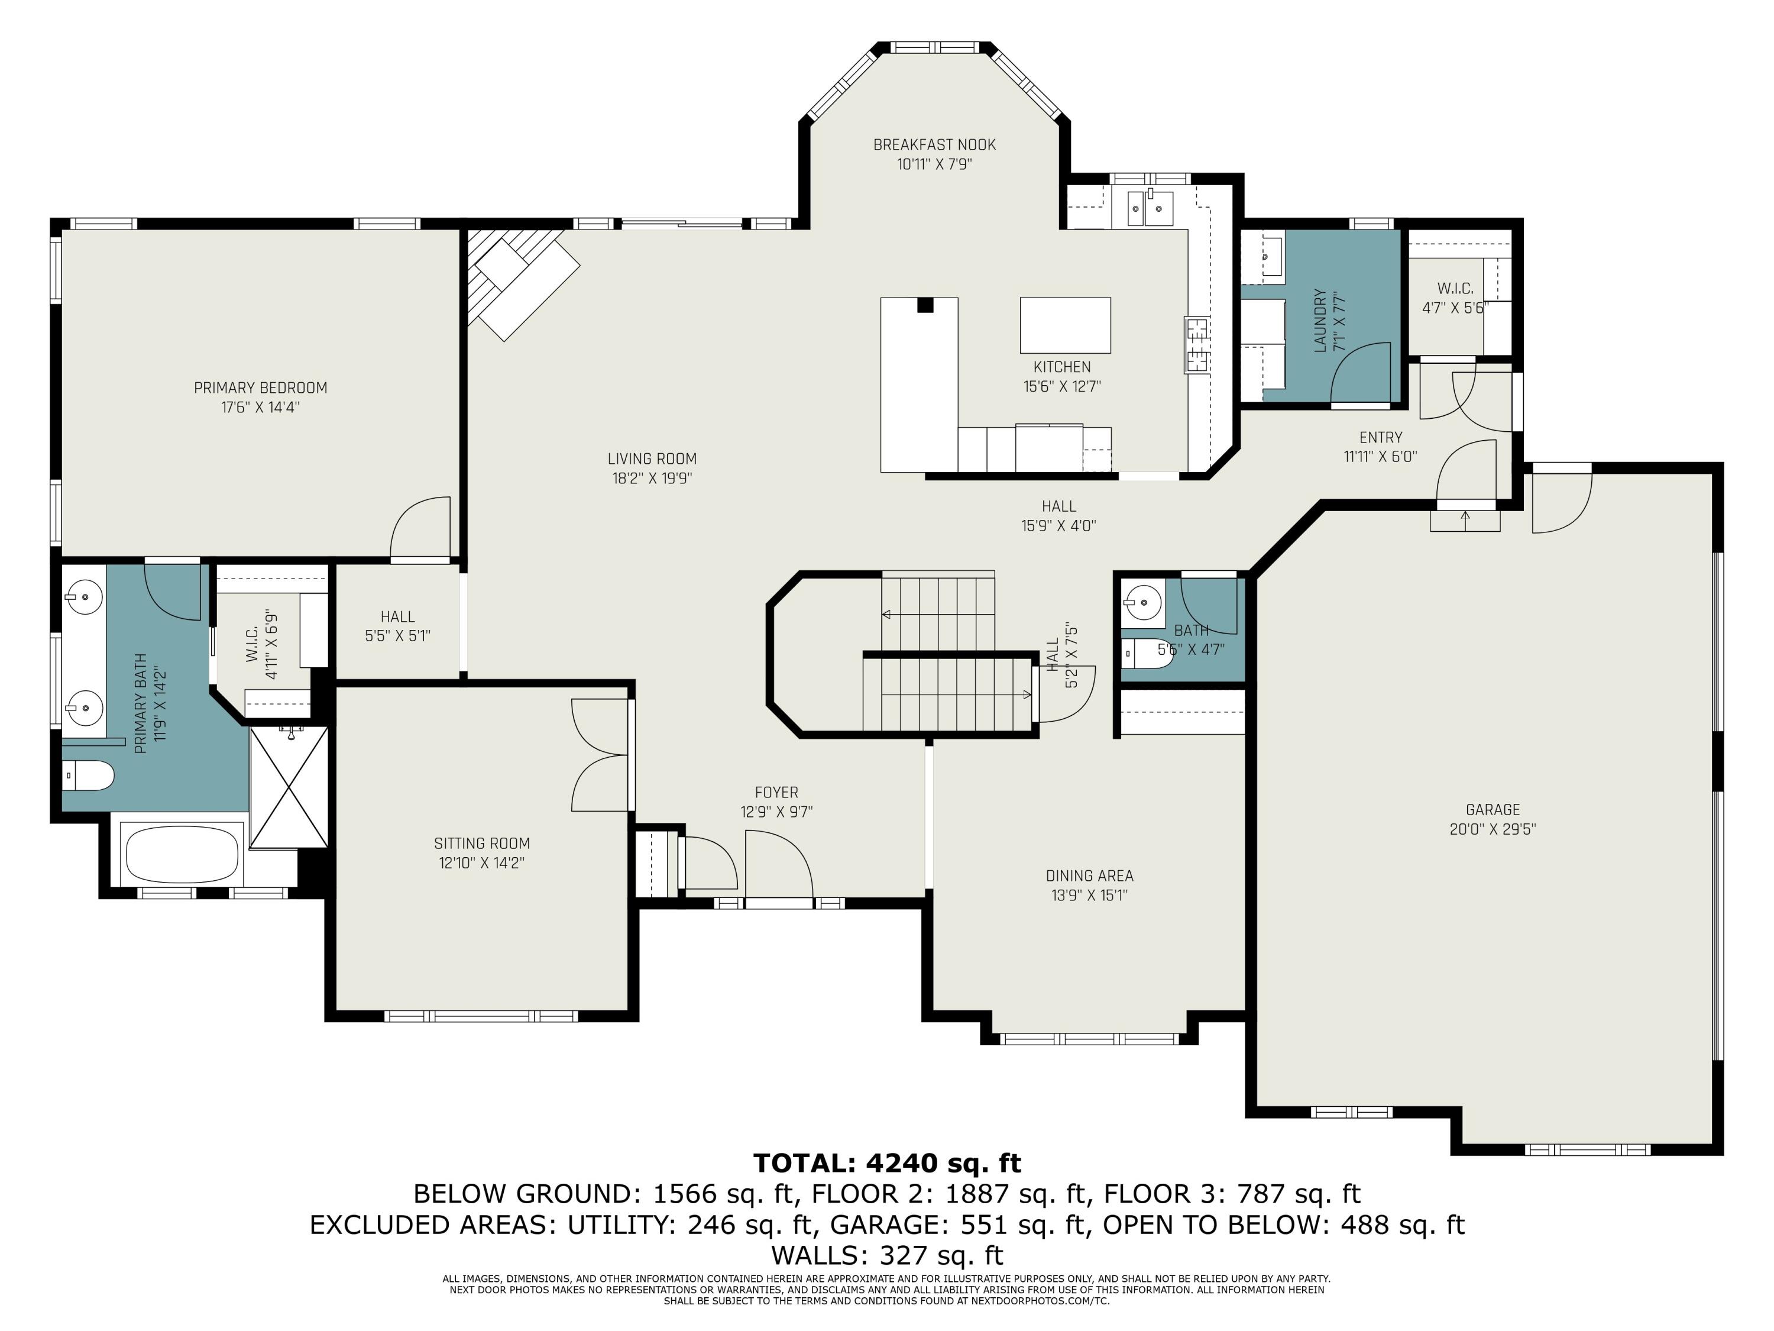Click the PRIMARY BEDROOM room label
[261, 387]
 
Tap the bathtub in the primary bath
[183, 853]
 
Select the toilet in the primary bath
[88, 776]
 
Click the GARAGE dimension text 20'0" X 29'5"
[1493, 829]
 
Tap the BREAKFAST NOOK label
[934, 145]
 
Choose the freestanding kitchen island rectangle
[1065, 325]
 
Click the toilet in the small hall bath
[1148, 653]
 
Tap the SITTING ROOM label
[482, 843]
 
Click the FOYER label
[776, 792]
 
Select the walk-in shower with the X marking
[289, 787]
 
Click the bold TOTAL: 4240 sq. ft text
[887, 1162]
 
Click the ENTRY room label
[1381, 437]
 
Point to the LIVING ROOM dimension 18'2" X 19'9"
[652, 478]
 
